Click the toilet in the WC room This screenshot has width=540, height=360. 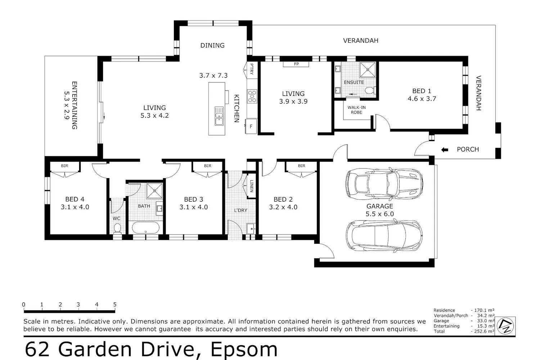117,228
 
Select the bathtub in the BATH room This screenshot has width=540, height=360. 145,228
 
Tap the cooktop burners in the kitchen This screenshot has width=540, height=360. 252,96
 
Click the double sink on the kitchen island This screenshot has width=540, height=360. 219,116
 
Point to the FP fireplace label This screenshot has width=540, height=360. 296,64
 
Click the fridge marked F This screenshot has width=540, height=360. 251,126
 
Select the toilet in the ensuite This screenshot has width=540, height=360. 370,90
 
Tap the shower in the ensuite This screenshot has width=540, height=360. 368,70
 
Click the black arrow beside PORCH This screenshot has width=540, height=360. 445,150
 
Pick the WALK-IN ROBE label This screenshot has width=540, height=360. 356,110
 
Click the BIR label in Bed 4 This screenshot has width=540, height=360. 64,166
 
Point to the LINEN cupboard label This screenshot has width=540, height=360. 252,186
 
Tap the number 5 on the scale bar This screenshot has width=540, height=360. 115,305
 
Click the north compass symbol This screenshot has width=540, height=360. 505,326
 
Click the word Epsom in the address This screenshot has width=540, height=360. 244,350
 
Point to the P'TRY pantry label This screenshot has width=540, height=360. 252,69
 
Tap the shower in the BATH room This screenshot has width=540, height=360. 154,191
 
